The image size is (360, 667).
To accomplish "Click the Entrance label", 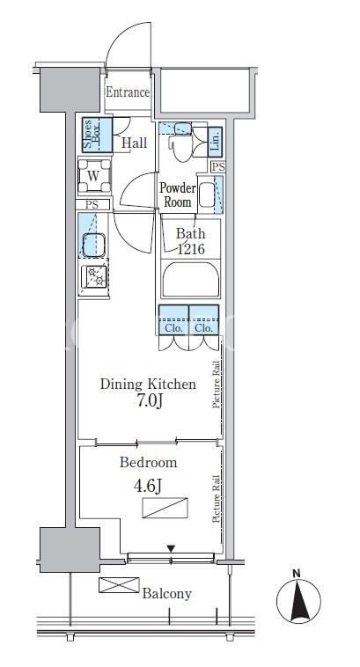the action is pyautogui.click(x=128, y=92).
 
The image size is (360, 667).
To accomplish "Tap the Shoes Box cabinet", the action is pyautogui.click(x=97, y=135).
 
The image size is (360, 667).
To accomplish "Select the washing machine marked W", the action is pyautogui.click(x=94, y=175).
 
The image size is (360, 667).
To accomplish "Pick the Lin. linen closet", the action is pyautogui.click(x=215, y=141).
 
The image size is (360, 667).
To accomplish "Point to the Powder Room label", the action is pyautogui.click(x=178, y=194).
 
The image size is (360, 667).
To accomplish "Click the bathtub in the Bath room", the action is pyautogui.click(x=191, y=280).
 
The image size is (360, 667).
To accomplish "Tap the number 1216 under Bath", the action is pyautogui.click(x=191, y=249).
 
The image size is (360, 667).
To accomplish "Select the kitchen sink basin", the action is pyautogui.click(x=93, y=245).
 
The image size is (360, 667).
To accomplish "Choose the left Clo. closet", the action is pyautogui.click(x=173, y=320).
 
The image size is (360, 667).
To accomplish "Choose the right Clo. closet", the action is pyautogui.click(x=204, y=320).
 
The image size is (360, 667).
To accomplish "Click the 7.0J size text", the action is pyautogui.click(x=150, y=401).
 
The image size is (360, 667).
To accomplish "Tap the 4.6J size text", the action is pyautogui.click(x=147, y=487).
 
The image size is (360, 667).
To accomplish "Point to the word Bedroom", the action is pyautogui.click(x=148, y=462).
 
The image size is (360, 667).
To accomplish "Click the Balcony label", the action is pyautogui.click(x=167, y=594).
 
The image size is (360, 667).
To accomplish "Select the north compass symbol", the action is pyautogui.click(x=298, y=600).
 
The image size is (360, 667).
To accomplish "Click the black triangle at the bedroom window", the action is pyautogui.click(x=171, y=549).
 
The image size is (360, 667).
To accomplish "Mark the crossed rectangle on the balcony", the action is pyautogui.click(x=119, y=585).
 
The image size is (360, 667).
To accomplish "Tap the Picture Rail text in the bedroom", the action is pyautogui.click(x=217, y=499).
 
